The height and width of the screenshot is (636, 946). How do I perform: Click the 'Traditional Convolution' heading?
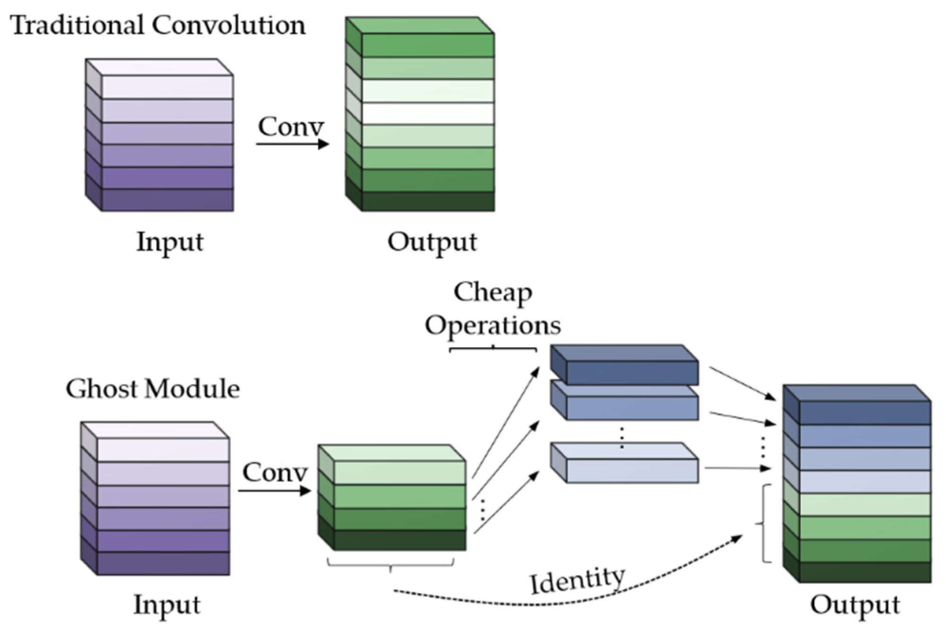158,25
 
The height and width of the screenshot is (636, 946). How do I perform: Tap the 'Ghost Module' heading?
153,389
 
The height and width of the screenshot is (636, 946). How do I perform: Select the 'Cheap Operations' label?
493,309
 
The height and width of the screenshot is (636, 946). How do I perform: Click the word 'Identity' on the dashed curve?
577,580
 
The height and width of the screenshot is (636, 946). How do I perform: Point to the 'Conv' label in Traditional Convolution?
291,127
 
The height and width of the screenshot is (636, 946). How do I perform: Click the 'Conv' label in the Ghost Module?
275,472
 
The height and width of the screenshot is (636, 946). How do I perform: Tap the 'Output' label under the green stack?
432,242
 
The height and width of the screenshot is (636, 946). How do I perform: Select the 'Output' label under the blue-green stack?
855,605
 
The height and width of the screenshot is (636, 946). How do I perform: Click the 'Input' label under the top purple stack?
170,242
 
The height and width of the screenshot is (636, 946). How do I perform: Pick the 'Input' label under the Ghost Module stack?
167,605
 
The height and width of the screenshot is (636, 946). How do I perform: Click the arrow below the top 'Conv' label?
292,143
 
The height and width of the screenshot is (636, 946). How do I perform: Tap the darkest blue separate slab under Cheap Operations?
632,373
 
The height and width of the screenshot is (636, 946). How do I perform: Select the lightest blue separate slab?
632,470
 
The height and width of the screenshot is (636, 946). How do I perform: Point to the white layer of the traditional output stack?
428,113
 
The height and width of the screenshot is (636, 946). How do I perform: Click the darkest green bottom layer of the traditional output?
428,201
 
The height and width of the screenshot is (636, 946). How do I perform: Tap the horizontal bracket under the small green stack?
390,564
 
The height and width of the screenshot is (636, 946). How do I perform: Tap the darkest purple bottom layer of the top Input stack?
168,200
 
